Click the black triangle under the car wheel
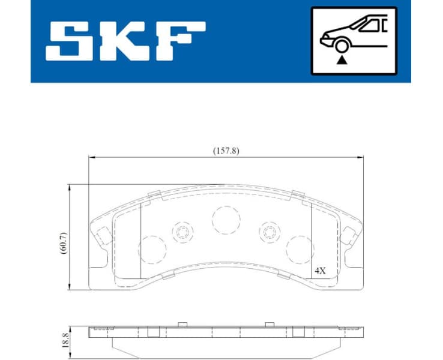tap(342, 60)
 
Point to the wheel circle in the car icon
tap(342, 46)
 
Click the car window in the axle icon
tap(368, 25)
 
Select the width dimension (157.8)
tap(226, 151)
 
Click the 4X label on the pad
tap(320, 271)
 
